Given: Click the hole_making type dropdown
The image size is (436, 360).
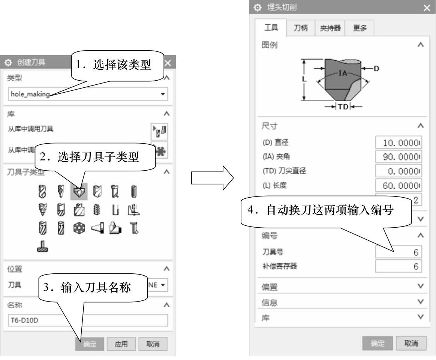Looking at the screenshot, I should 88,94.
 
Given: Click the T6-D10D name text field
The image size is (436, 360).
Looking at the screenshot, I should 88,320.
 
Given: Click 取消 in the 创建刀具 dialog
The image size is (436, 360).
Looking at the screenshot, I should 153,344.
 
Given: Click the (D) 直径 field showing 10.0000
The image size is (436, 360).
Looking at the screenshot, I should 399,142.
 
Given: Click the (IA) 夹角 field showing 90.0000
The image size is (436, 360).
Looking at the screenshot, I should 399,154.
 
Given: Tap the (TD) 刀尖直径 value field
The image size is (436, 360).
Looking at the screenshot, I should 399,167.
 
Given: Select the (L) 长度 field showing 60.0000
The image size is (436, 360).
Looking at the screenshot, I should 399,180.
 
